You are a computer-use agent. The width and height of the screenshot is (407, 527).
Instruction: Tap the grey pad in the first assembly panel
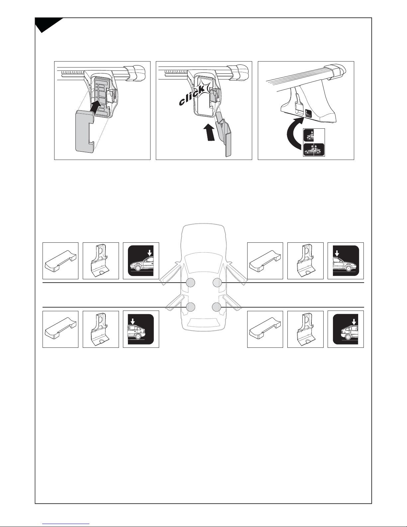coord(85,131)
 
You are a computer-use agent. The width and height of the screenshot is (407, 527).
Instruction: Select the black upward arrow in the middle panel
coord(209,132)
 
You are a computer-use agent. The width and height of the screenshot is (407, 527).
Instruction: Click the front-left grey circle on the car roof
coord(190,283)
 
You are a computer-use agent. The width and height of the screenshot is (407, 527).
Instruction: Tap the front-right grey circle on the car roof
coord(217,283)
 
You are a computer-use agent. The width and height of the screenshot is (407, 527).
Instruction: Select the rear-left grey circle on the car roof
coord(190,307)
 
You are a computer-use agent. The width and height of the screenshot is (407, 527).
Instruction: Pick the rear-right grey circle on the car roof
coord(217,307)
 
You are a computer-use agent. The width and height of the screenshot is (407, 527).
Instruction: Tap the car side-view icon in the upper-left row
coord(141,261)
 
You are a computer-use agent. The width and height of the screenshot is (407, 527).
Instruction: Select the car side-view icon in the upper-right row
coord(346,261)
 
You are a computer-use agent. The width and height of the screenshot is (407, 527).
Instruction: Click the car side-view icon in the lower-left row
coord(141,329)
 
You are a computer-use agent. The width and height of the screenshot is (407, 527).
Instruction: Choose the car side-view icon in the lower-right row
coord(346,329)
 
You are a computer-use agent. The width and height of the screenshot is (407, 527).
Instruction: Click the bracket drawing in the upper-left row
coord(100,260)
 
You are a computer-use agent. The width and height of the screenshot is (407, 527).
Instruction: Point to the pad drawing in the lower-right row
coord(265,329)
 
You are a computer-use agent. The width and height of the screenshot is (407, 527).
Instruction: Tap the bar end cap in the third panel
coord(335,70)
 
